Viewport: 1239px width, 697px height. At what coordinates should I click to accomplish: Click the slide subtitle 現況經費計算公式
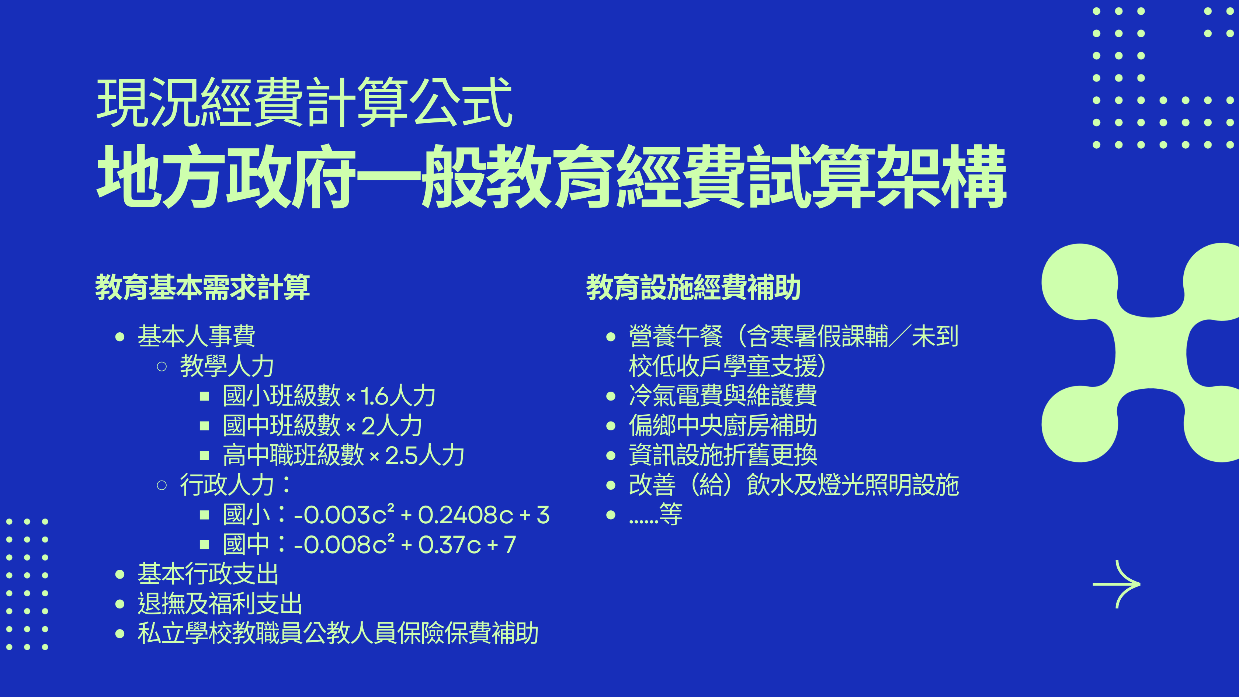coord(305,103)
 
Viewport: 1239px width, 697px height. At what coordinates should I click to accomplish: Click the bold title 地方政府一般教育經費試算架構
coord(551,177)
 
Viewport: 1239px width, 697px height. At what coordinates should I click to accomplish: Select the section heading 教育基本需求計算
coord(202,287)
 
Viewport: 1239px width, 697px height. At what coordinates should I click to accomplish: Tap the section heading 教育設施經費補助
coord(693,287)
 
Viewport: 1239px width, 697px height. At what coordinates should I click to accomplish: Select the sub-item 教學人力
coord(226,366)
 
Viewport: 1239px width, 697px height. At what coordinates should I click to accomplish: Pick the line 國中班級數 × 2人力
coord(322,426)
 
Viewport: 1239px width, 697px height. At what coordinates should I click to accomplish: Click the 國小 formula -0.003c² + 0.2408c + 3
coord(422,515)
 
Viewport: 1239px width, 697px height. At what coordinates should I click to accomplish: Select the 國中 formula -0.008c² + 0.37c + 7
coord(405,545)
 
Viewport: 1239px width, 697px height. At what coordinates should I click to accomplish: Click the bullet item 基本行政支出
coord(208,574)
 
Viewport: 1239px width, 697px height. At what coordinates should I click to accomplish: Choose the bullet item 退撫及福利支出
coord(220,604)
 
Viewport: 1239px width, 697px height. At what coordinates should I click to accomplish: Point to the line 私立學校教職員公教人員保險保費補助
coord(338,634)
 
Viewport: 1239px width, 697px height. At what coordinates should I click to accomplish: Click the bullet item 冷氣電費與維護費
coord(723,396)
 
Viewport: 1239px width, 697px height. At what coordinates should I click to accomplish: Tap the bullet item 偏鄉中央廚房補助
coord(723,426)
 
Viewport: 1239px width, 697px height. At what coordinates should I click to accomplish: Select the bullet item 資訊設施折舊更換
coord(723,455)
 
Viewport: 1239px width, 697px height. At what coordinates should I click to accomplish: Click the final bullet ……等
coord(656,515)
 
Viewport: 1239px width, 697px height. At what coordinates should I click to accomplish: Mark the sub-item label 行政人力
coord(226,485)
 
